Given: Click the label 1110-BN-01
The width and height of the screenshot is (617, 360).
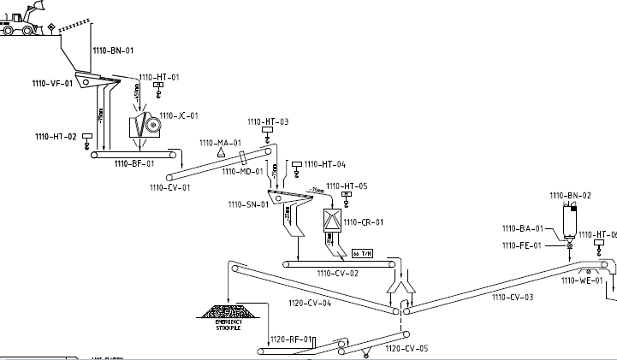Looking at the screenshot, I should click(x=112, y=50).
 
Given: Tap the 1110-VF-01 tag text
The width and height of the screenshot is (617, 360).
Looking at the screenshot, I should click(x=52, y=83).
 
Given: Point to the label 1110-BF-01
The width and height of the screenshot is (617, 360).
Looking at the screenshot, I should click(x=134, y=162).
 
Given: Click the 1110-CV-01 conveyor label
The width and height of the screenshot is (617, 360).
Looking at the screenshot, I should click(x=169, y=186).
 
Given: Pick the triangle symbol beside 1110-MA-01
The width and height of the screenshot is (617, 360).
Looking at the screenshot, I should click(x=221, y=151).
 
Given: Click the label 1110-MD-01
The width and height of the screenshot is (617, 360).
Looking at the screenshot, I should click(x=243, y=171).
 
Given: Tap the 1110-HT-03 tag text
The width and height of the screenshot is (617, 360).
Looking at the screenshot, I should click(x=268, y=122).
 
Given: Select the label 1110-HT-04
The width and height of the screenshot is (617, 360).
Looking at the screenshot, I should click(x=325, y=163).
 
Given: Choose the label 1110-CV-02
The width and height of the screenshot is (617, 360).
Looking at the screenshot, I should click(x=337, y=274).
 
